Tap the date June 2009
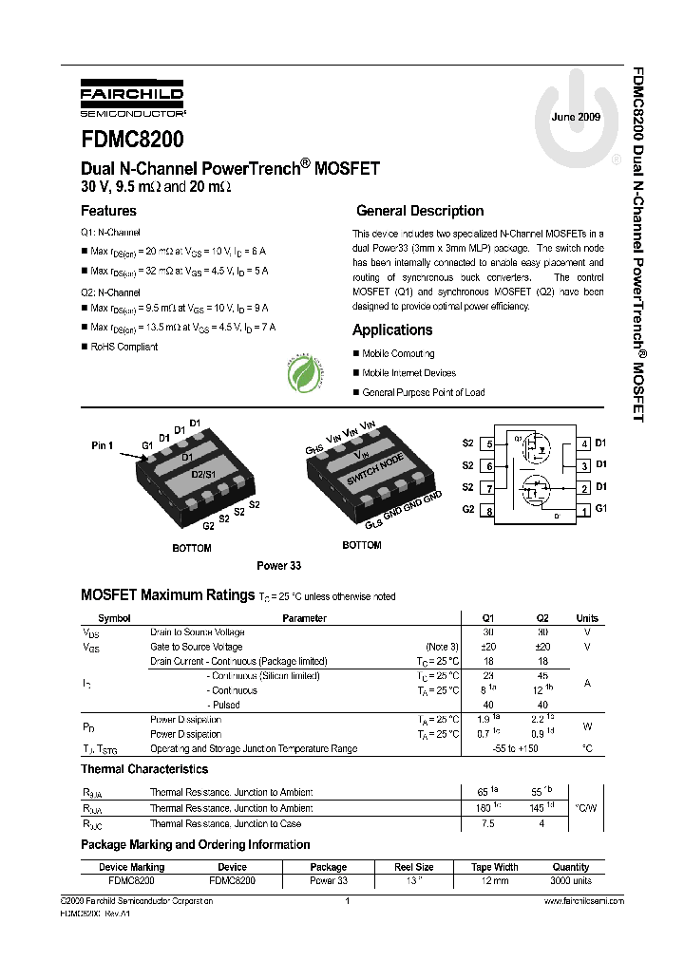[576, 116]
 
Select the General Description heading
[420, 211]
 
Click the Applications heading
[392, 330]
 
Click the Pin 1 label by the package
[102, 444]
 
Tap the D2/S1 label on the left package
[204, 473]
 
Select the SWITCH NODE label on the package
[376, 471]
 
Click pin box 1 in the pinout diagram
[584, 510]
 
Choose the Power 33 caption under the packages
[278, 565]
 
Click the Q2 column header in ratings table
[542, 618]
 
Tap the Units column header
[587, 618]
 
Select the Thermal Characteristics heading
[144, 769]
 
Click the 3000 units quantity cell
[571, 881]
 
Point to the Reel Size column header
[414, 867]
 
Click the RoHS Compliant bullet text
[123, 347]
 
